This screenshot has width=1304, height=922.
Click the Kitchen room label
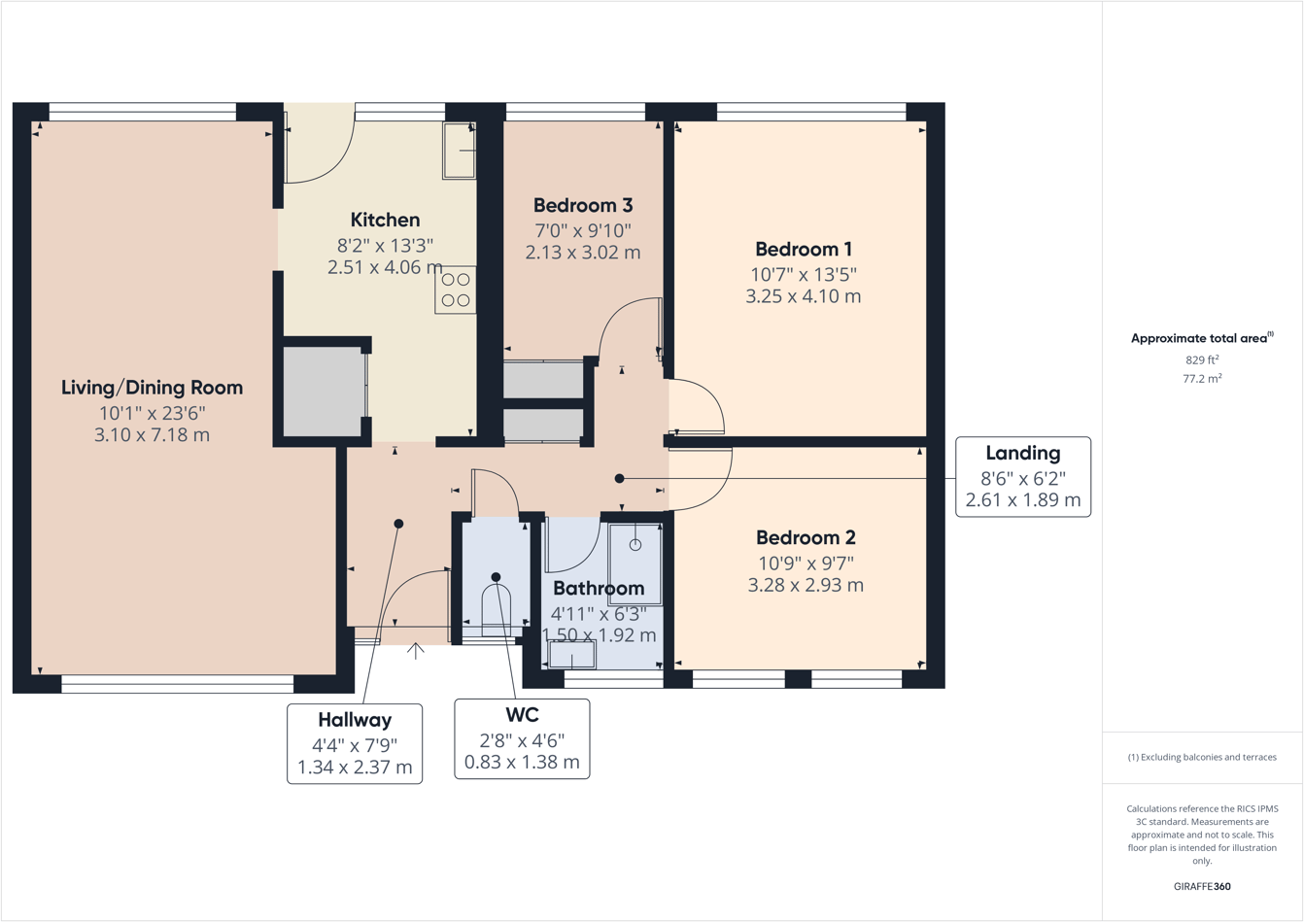[385, 221]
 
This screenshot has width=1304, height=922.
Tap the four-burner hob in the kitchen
[456, 290]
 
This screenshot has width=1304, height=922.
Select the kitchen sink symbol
[460, 151]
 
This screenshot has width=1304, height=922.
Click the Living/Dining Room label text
[152, 388]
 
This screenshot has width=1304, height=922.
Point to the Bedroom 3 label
[583, 206]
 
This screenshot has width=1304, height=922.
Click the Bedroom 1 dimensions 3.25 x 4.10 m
[803, 297]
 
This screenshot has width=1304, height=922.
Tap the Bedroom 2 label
[806, 538]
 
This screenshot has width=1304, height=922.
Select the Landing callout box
[1022, 477]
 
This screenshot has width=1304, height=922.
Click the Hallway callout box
[355, 743]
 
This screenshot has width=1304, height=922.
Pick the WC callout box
[522, 738]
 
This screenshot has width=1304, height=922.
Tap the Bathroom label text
[599, 589]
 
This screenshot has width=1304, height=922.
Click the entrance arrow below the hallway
[416, 651]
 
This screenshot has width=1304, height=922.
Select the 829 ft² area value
[1202, 359]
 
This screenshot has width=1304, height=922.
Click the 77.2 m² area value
[1202, 379]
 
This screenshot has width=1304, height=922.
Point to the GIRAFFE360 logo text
[1202, 887]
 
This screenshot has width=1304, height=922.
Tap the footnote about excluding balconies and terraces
[1202, 757]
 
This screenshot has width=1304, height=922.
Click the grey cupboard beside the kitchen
[323, 392]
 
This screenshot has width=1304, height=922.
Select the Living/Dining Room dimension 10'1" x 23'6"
[152, 413]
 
